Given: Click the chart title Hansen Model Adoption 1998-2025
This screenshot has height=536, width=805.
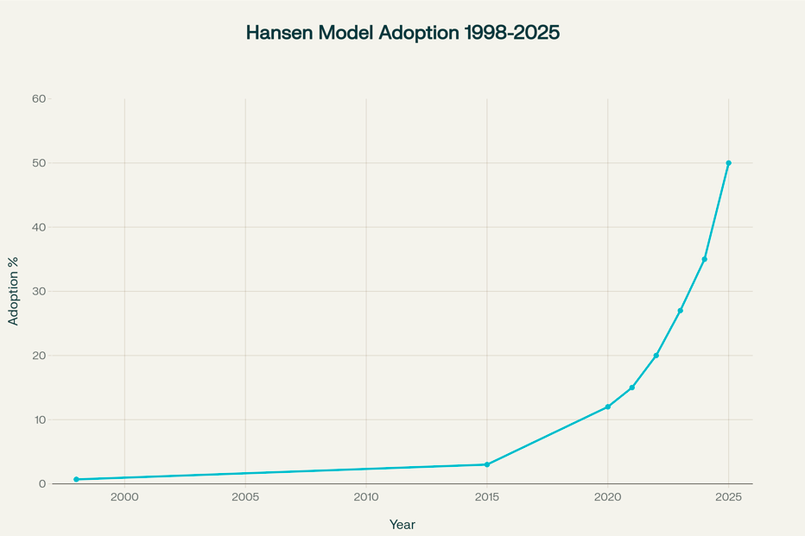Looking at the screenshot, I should pyautogui.click(x=402, y=33).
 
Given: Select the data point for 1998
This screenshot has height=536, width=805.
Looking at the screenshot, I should pyautogui.click(x=76, y=479).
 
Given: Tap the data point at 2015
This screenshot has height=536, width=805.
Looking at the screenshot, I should pyautogui.click(x=487, y=464).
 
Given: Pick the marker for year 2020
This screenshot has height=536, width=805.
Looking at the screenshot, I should pyautogui.click(x=608, y=407).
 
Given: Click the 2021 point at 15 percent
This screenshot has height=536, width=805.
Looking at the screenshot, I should pyautogui.click(x=632, y=388).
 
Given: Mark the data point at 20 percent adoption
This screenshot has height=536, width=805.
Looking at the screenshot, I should pyautogui.click(x=656, y=356).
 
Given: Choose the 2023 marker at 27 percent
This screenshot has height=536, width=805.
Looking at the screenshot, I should pyautogui.click(x=681, y=311).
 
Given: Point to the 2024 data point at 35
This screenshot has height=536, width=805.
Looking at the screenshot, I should pyautogui.click(x=705, y=259).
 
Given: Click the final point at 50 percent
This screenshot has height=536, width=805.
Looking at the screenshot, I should pyautogui.click(x=729, y=163).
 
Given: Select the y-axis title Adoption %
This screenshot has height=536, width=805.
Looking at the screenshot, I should pyautogui.click(x=13, y=291).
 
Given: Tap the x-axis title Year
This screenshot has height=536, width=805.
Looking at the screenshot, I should pyautogui.click(x=402, y=524).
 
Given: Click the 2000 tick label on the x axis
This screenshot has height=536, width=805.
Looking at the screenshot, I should pyautogui.click(x=124, y=498).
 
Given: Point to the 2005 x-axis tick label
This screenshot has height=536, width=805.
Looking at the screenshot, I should pyautogui.click(x=245, y=498).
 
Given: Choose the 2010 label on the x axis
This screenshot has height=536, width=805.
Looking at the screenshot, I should pyautogui.click(x=366, y=498).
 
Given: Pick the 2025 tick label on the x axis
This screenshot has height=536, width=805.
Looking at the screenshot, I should pyautogui.click(x=729, y=498).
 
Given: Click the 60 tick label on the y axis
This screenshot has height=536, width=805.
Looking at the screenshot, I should pyautogui.click(x=39, y=98).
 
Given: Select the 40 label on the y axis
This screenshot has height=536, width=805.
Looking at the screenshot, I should pyautogui.click(x=39, y=227).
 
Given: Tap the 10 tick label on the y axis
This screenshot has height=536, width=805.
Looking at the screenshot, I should pyautogui.click(x=39, y=419).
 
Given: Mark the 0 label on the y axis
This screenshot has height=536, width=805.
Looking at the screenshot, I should pyautogui.click(x=42, y=484).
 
